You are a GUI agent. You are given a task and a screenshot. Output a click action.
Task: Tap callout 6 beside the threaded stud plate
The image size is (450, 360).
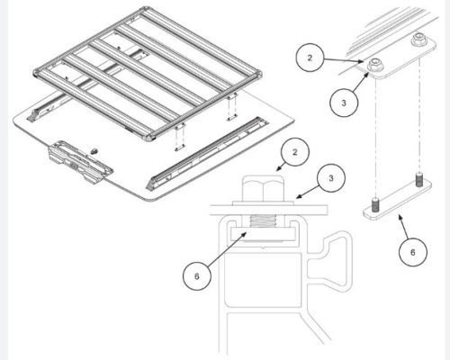pos(411,253)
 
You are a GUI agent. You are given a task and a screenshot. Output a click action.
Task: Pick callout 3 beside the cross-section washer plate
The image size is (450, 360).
pos(331,179)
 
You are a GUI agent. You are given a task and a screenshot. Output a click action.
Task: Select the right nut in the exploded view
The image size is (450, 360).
pos(418,41)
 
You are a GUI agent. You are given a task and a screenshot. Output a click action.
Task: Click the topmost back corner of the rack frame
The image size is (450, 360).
pos(142,10)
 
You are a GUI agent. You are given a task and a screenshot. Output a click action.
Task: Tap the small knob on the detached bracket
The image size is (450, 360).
pos(95,145)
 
